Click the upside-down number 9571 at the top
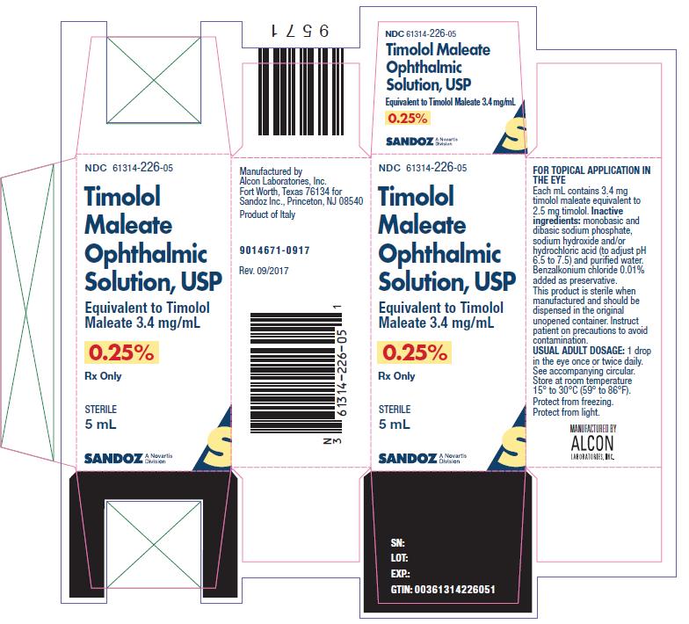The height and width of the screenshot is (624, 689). (301, 32)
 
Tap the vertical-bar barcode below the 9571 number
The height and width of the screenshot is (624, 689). (301, 91)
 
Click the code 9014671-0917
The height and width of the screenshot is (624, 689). (274, 250)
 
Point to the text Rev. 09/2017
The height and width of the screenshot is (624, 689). (264, 271)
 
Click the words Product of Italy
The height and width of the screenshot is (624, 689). (267, 214)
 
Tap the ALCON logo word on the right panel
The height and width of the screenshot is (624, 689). (592, 443)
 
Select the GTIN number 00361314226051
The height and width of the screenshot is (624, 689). (455, 589)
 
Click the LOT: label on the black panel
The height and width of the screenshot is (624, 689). (399, 558)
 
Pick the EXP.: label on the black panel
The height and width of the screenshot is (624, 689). (401, 574)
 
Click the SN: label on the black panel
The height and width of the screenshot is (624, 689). (397, 543)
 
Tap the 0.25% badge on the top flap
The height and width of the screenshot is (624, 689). (408, 118)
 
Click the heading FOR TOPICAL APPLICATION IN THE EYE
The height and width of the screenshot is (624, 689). (591, 175)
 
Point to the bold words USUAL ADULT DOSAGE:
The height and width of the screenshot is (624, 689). (578, 351)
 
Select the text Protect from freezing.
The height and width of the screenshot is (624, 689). (573, 402)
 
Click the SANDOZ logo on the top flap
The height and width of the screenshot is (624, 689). (410, 141)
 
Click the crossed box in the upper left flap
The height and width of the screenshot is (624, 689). (154, 80)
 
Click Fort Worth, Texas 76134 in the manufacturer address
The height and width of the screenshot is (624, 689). (290, 192)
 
